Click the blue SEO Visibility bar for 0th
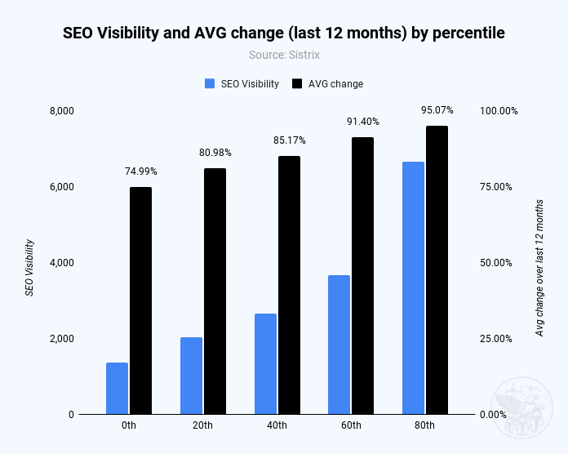(x=118, y=389)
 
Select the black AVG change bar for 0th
(x=140, y=300)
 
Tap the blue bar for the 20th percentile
(x=191, y=376)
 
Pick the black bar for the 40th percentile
(x=289, y=285)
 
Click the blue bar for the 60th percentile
(x=339, y=345)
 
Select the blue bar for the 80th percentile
(x=414, y=288)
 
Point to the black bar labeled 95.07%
(x=437, y=270)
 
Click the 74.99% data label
(x=140, y=171)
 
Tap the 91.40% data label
(x=362, y=122)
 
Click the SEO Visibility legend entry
(x=242, y=83)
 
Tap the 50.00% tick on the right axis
(x=495, y=263)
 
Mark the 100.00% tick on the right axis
(x=498, y=111)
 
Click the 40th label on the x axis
(x=277, y=426)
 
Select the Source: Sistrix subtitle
(x=284, y=55)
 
